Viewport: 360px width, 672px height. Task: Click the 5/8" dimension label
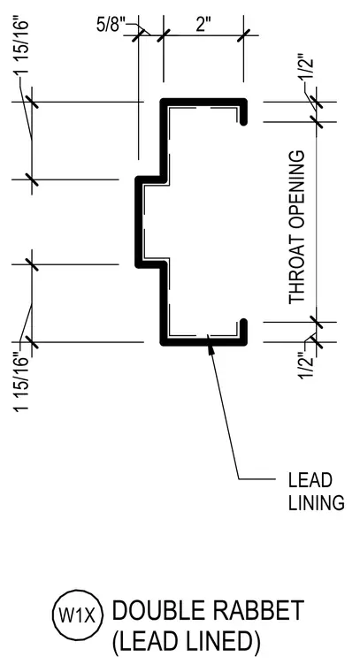tap(111, 26)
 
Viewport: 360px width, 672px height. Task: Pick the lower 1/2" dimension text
tap(308, 365)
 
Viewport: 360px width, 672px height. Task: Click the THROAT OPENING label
tap(296, 227)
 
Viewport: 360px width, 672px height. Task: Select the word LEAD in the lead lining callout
tap(310, 480)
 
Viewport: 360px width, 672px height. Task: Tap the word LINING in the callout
tap(317, 503)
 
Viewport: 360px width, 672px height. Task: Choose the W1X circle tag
tap(78, 616)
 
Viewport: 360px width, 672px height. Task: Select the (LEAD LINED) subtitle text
tap(186, 642)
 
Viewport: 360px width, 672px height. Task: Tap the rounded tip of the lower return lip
tap(243, 322)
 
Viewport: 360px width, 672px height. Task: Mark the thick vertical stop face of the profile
tap(138, 222)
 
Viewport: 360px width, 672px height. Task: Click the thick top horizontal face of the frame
tap(203, 102)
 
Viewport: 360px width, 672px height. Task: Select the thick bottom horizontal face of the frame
tap(203, 342)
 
